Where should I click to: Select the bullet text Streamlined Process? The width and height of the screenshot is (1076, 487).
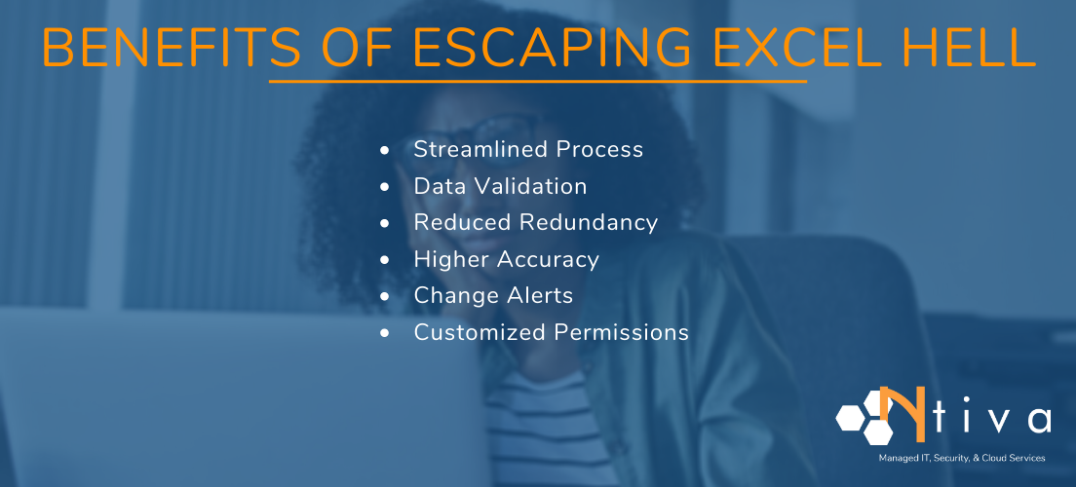(x=528, y=150)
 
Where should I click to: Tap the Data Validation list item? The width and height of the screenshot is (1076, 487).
(x=500, y=186)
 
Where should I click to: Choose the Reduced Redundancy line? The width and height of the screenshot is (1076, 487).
(x=535, y=222)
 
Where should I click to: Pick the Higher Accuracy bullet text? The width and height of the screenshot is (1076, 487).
(x=506, y=259)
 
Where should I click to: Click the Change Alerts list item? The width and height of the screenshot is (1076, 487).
(x=493, y=295)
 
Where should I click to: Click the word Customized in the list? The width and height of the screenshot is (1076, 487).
(x=480, y=332)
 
